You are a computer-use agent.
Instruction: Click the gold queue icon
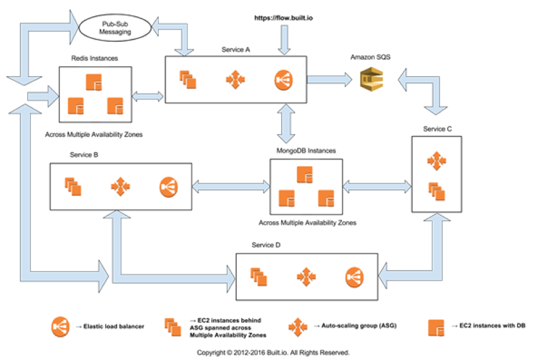coord(372,80)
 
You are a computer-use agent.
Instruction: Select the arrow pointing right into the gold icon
coord(329,80)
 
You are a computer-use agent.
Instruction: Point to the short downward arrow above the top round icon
coord(284,39)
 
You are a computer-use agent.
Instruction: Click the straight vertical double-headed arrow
coord(285,123)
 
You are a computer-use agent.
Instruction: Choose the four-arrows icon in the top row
coord(235,80)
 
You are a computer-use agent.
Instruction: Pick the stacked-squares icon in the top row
coord(187,80)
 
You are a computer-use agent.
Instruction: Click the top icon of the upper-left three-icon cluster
coord(94,82)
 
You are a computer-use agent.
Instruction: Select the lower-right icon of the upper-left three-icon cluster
coord(115,106)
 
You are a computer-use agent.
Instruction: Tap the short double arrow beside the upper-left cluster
coord(147,96)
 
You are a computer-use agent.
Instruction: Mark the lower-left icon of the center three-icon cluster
coord(287,198)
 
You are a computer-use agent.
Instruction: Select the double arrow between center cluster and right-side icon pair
coord(377,187)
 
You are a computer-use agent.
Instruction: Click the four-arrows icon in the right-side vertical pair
coord(437,160)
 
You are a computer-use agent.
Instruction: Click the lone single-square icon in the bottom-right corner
coord(436,328)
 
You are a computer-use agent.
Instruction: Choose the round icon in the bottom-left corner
coord(59,326)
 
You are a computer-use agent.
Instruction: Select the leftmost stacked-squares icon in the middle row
coord(73,186)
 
